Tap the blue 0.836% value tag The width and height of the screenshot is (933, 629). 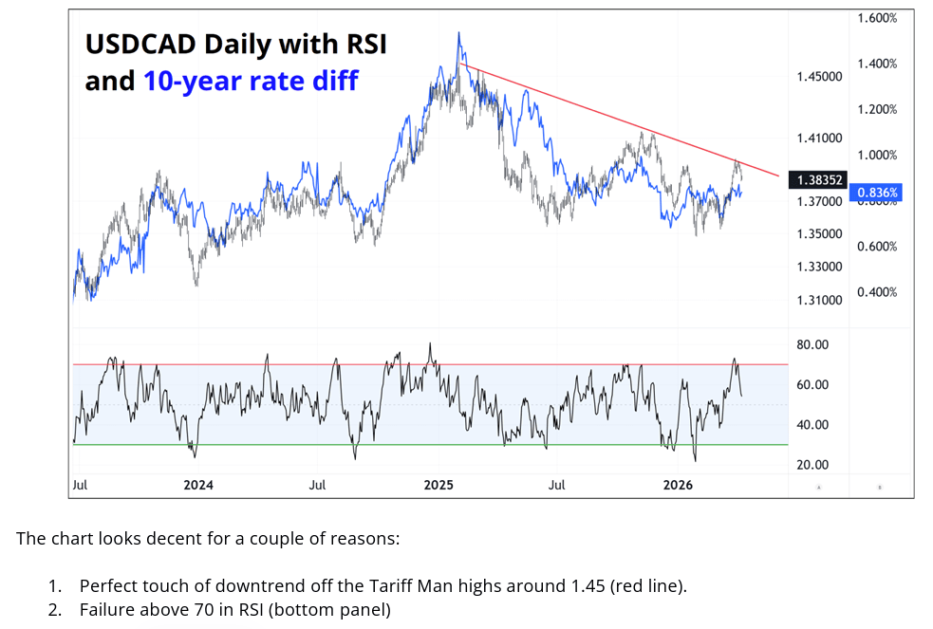878,192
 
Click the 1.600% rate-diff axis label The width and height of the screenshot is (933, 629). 877,18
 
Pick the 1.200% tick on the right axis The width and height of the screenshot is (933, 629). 877,109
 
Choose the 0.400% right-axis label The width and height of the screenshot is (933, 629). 877,292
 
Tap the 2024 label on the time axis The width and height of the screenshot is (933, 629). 198,485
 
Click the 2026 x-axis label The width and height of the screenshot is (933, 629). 678,485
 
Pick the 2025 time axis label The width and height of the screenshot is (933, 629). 439,485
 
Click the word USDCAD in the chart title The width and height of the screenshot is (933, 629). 140,44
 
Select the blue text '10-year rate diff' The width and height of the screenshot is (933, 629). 251,82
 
